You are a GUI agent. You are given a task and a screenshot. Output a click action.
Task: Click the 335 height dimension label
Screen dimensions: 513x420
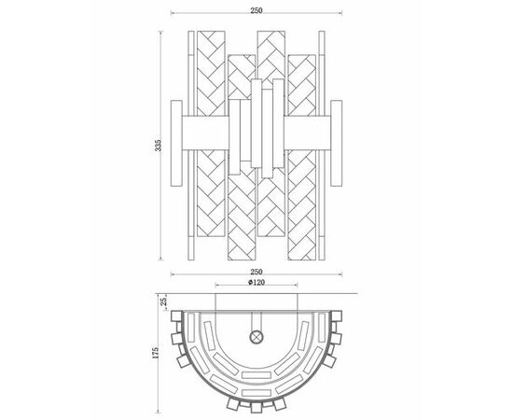[x=159, y=145]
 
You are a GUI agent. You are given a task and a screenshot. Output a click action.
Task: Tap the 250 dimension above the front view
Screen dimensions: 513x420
[x=256, y=10]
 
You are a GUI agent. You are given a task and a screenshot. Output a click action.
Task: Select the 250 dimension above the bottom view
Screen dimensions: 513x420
[x=256, y=272]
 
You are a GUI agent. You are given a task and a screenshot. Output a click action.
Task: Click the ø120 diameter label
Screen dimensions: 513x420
[x=256, y=282]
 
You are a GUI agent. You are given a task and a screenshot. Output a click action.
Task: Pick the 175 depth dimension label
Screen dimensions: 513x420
[x=156, y=353]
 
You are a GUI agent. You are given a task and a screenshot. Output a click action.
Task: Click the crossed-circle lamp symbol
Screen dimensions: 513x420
[x=256, y=337]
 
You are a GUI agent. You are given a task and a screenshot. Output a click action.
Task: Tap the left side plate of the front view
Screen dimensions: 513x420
[x=176, y=144]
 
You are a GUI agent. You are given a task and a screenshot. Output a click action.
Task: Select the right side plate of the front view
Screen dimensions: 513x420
[x=337, y=144]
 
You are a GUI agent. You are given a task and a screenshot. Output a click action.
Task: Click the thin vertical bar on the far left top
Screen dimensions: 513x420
[x=191, y=74]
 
